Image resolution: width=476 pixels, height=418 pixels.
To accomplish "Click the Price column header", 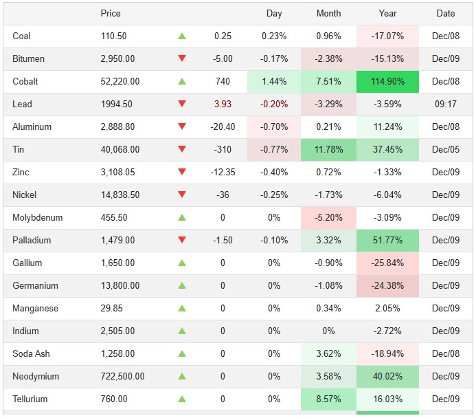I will coord(110,13).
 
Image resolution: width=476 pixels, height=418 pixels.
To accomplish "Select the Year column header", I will coord(387,13).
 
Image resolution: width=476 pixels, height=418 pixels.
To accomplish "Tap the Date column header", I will coord(445,13).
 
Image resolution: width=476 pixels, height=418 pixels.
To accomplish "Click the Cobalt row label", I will coord(25,81).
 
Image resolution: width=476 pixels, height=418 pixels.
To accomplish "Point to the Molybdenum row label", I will coord(37,217).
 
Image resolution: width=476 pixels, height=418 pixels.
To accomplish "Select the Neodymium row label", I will coord(36,376).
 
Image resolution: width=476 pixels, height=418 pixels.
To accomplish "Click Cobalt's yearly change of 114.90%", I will coord(387,81).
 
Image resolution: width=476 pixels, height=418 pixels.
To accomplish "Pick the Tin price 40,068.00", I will coord(120,149).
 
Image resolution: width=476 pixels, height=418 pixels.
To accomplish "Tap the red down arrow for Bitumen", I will coord(182,58).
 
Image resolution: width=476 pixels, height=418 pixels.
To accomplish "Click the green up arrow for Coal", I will coord(182,36).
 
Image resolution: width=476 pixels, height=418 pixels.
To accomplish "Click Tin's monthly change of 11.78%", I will coord(328,149).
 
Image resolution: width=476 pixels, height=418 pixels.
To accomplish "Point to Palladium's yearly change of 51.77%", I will coord(387,240).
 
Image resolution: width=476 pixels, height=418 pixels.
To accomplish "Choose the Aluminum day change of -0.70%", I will coord(274,126).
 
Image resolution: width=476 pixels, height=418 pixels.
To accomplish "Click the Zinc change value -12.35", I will coord(223,172).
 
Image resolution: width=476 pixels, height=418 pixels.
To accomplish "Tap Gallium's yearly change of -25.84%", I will coord(387,263).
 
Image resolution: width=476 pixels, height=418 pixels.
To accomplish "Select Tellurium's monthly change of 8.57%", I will coord(328,399).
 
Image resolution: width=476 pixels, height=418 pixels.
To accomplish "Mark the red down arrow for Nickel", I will coord(182,195).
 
